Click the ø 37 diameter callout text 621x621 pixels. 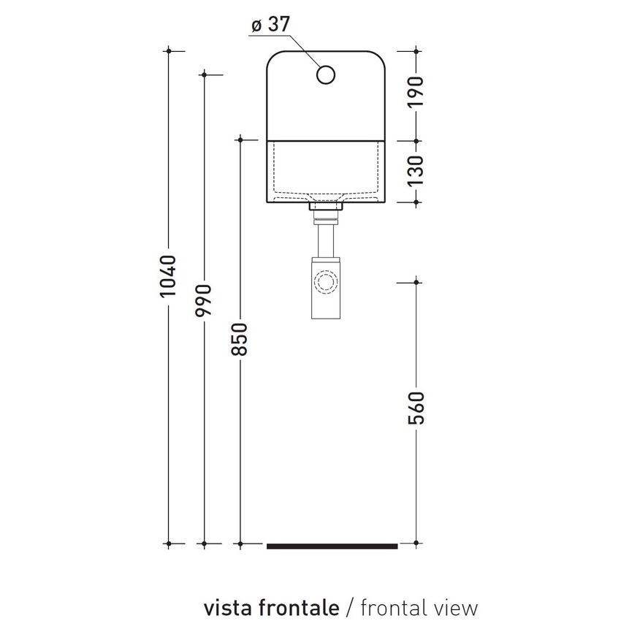click(x=270, y=25)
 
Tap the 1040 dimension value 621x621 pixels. click(x=169, y=275)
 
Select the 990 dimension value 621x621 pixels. click(x=205, y=300)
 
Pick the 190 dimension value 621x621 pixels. click(x=416, y=93)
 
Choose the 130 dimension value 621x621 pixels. click(x=416, y=170)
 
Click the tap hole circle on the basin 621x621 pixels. click(x=326, y=75)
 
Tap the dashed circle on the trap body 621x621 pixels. click(x=326, y=281)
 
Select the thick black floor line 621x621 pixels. click(x=332, y=546)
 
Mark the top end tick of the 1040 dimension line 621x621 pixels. click(x=169, y=50)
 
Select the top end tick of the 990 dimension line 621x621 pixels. click(x=205, y=74)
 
